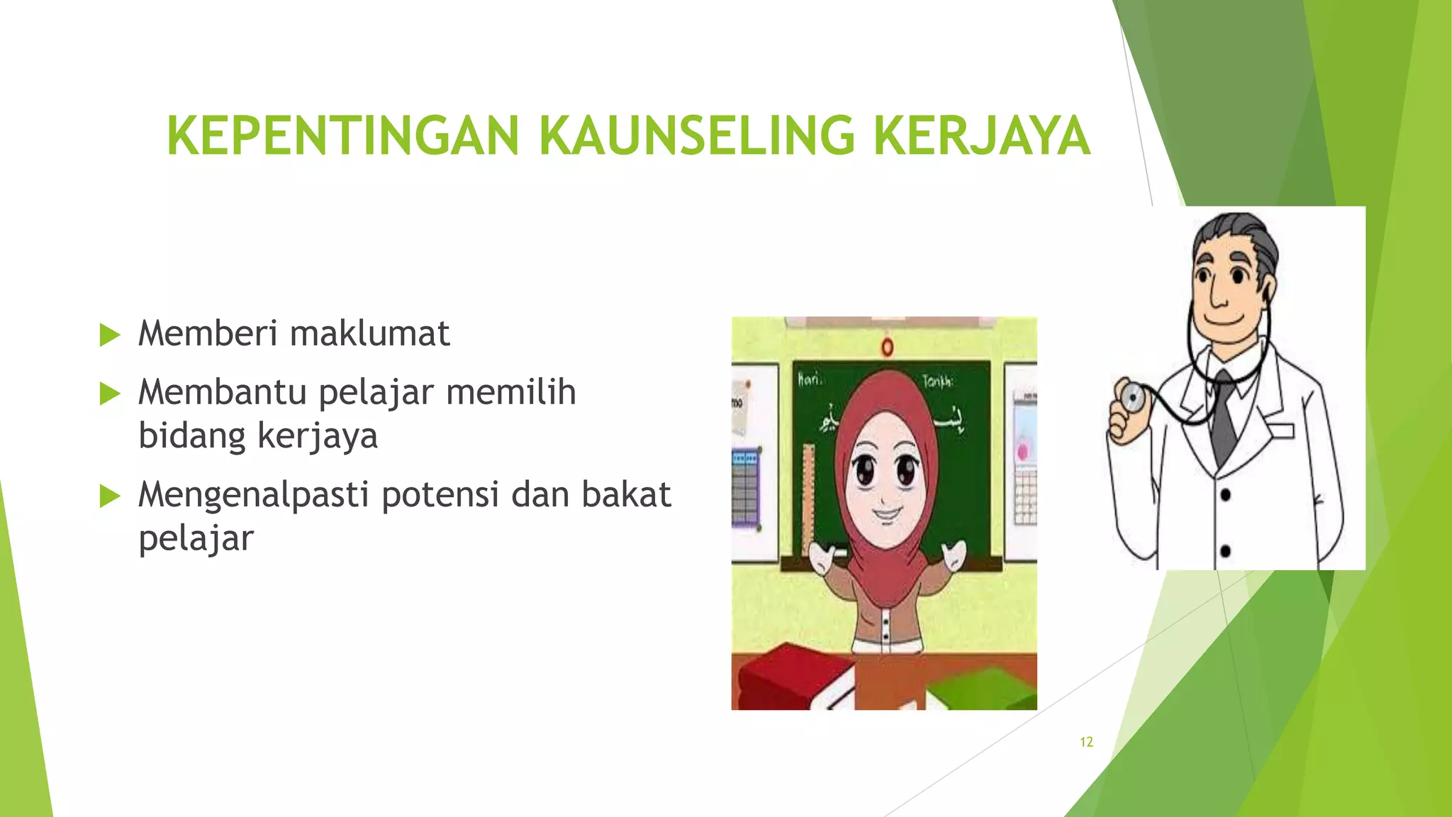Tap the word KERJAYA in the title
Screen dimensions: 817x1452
(981, 135)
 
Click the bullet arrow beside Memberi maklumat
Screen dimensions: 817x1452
(110, 335)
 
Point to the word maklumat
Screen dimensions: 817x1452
(369, 333)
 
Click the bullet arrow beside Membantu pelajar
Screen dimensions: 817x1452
(110, 393)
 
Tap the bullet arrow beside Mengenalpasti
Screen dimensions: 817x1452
(110, 496)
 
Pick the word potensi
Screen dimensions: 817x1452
(440, 494)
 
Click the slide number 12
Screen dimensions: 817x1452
(1086, 742)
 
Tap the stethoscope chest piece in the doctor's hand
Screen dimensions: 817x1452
(1129, 398)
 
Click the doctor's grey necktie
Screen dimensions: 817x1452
(1224, 418)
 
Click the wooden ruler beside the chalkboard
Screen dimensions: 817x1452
(808, 496)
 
